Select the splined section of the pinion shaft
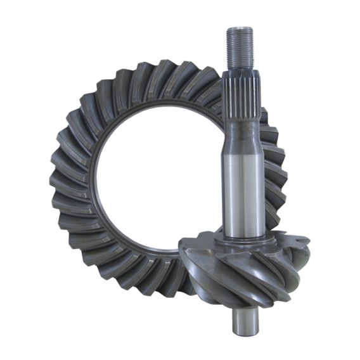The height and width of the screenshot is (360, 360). [241, 95]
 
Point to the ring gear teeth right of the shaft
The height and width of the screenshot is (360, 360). [273, 165]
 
